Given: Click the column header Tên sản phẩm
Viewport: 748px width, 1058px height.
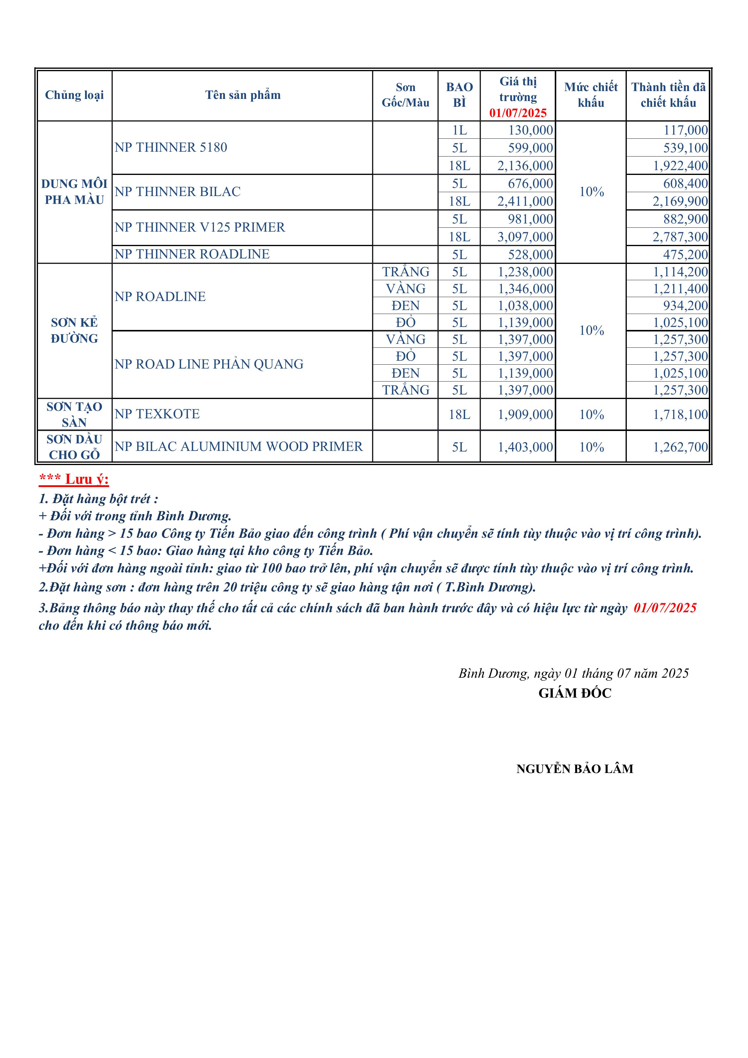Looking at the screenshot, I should pos(243,95).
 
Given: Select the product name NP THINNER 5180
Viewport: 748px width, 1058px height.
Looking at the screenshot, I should pos(171,147).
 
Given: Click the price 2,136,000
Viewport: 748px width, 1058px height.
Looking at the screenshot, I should pos(525,166).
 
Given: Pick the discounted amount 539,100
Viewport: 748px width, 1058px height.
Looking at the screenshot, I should pos(685,148).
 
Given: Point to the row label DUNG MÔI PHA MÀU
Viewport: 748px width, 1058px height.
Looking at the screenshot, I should pos(74,192).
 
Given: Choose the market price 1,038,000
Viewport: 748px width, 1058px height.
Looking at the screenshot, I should pos(525,306).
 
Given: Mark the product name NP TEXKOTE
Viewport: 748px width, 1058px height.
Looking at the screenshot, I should pos(157,414).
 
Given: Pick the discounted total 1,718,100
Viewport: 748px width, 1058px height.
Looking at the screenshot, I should pos(680,414).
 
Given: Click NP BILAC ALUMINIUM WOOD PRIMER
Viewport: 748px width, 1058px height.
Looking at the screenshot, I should pos(238,447).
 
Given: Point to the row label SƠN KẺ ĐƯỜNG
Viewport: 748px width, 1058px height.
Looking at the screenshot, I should pos(74,330).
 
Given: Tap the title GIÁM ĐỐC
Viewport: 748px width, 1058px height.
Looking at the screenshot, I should pos(575,693).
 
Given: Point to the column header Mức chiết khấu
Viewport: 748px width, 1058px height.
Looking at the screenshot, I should pos(591,95).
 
